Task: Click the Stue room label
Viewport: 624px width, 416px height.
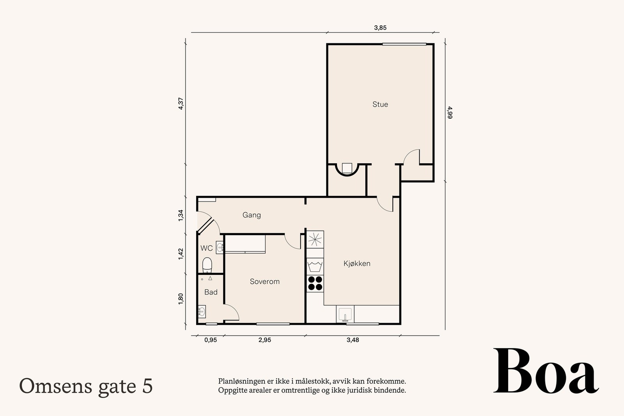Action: [380, 104]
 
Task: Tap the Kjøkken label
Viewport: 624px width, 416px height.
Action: [357, 264]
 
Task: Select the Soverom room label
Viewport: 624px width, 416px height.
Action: [265, 281]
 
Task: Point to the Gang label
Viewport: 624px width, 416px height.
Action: [252, 215]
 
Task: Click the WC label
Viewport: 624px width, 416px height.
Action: [206, 248]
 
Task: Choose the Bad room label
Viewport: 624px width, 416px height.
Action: [211, 292]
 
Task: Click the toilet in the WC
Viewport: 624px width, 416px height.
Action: [207, 265]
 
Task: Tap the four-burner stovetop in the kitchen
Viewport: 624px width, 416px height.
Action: [315, 283]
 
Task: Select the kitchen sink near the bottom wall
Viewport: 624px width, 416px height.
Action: [345, 314]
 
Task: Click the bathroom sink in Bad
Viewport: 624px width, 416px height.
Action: [202, 312]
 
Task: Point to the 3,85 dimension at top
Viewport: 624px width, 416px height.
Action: [380, 28]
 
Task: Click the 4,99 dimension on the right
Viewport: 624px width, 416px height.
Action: [450, 113]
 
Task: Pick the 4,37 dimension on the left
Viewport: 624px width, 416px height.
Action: [181, 103]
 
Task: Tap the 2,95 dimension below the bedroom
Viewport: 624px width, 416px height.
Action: [265, 340]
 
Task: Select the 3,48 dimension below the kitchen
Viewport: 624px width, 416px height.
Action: [353, 340]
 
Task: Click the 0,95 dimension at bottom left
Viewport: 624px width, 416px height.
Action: [211, 340]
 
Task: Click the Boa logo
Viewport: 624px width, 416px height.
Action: [546, 371]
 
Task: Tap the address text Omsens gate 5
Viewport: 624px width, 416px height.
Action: [86, 386]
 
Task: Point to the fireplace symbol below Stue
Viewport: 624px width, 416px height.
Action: [347, 170]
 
